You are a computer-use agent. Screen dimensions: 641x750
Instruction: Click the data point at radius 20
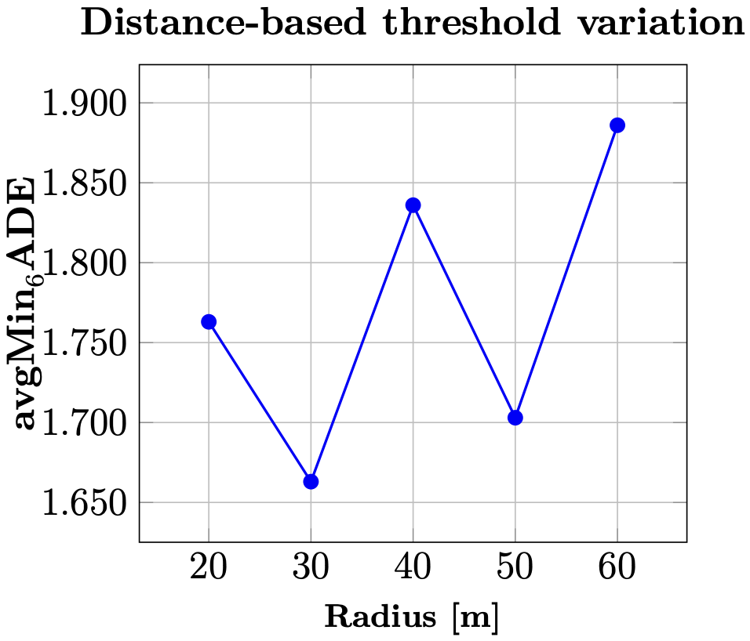tap(209, 321)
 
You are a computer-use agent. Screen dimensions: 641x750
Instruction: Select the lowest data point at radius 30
tap(311, 481)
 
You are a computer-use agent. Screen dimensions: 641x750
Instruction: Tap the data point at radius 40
tap(413, 205)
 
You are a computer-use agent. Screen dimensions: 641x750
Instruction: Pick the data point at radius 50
tap(515, 418)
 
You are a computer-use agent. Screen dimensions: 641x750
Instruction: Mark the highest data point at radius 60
tap(617, 125)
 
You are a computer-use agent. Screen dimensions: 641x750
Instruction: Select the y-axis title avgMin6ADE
tap(26, 304)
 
